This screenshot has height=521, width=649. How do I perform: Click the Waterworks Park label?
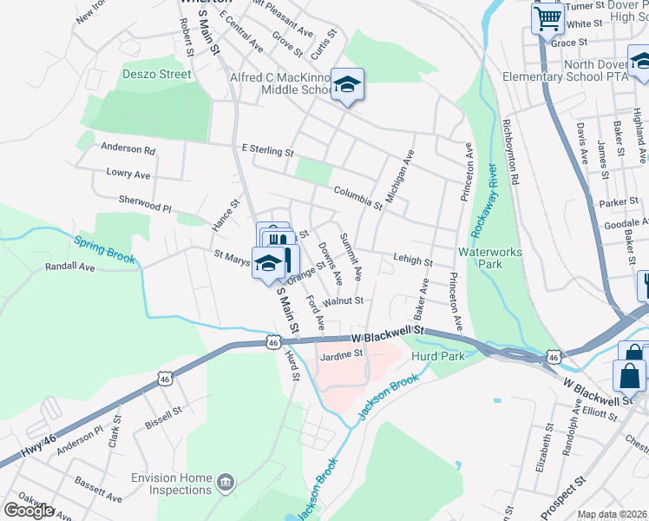point(493,257)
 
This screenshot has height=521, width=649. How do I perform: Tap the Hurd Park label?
point(440,355)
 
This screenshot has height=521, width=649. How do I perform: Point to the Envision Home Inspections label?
point(172,484)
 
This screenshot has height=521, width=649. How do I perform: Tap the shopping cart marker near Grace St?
point(547,17)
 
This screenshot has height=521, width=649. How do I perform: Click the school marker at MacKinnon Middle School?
point(347,84)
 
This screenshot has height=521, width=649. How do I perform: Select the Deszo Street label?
point(157,74)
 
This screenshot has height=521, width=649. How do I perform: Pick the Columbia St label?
point(357,196)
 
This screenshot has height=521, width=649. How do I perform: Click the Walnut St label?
point(342,301)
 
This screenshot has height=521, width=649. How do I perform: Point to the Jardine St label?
point(340,354)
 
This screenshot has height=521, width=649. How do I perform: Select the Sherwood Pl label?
point(145,204)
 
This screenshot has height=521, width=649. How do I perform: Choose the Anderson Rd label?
point(128,148)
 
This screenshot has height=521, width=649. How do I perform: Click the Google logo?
point(29,511)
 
